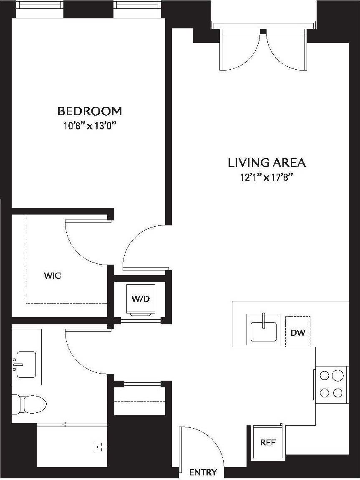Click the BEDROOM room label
coord(89,111)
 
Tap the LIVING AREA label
coord(267,162)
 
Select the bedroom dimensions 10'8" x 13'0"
coord(89,126)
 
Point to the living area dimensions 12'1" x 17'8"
coord(267,177)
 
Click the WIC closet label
coord(53,276)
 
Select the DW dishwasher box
coord(298,333)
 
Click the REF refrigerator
coord(267,442)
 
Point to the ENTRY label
coord(203,472)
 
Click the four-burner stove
coord(331,384)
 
